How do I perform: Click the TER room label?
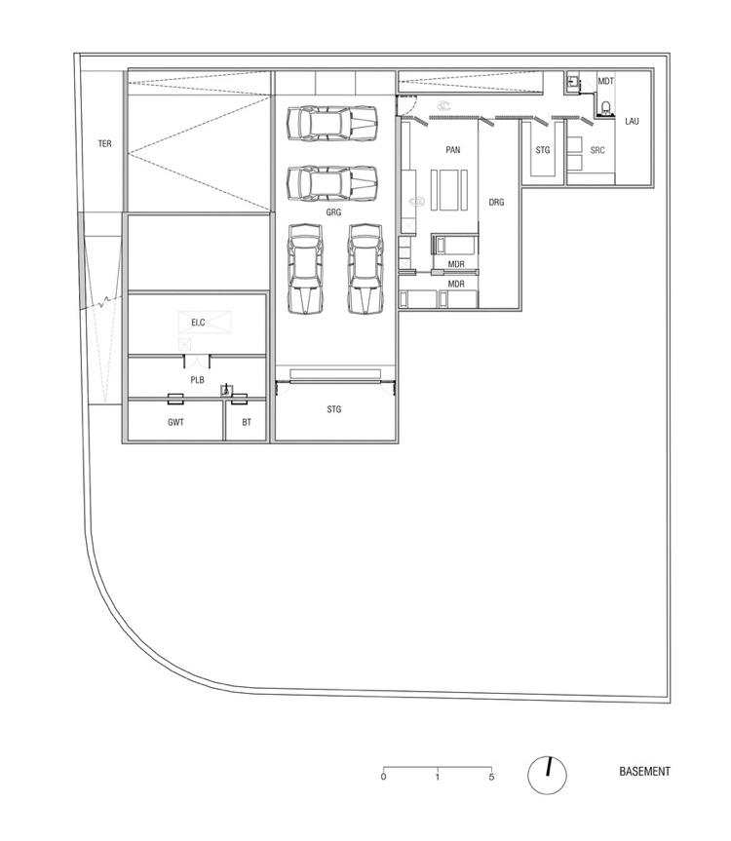(104, 144)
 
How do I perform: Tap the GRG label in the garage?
(334, 210)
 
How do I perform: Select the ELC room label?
(198, 321)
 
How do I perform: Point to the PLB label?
(197, 380)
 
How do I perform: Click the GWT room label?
(175, 423)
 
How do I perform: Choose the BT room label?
(247, 423)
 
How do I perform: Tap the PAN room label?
(452, 150)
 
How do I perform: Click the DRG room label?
(496, 203)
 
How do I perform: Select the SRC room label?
(597, 150)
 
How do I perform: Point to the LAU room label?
(632, 122)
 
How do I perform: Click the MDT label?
(605, 81)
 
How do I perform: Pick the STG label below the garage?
(334, 410)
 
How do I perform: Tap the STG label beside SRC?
(543, 150)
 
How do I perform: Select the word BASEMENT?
(644, 772)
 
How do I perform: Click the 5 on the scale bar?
(491, 777)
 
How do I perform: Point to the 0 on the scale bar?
(383, 777)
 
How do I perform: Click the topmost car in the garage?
(331, 124)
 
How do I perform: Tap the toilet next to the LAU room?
(605, 108)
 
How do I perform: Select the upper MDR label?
(455, 265)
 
